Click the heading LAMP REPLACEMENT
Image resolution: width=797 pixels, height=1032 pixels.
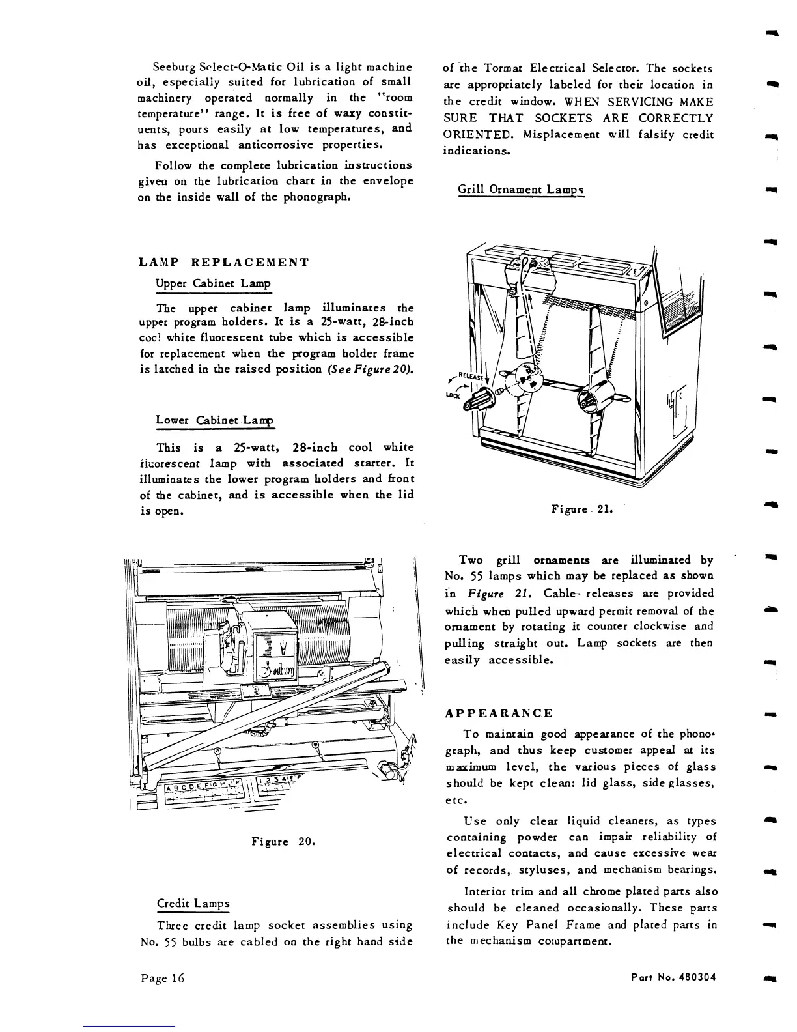pyautogui.click(x=224, y=263)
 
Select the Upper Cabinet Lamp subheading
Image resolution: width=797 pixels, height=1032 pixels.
pyautogui.click(x=213, y=284)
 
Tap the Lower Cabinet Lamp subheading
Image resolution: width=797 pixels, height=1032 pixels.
pyautogui.click(x=216, y=420)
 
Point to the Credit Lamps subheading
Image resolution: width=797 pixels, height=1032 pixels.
pyautogui.click(x=193, y=904)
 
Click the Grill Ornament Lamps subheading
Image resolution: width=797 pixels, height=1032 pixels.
pyautogui.click(x=521, y=190)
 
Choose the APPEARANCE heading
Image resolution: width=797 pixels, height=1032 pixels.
pyautogui.click(x=499, y=713)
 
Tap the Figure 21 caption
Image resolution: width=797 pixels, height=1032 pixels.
pyautogui.click(x=582, y=508)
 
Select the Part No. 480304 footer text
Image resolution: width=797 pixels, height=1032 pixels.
pyautogui.click(x=673, y=978)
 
